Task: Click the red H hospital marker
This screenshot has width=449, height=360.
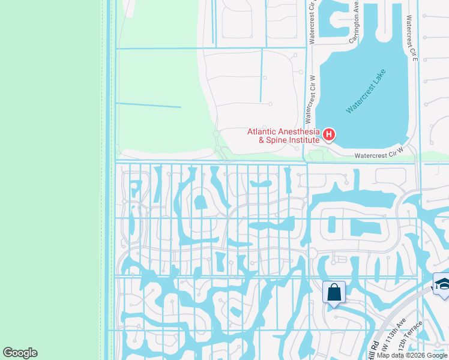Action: pyautogui.click(x=329, y=135)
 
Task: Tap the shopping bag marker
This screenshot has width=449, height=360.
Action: pyautogui.click(x=334, y=293)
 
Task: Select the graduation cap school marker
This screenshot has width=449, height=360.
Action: pyautogui.click(x=442, y=284)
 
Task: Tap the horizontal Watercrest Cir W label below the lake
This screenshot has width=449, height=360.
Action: pyautogui.click(x=377, y=155)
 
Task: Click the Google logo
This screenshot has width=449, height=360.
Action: pyautogui.click(x=20, y=353)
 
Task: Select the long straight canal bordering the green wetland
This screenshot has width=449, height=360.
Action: pyautogui.click(x=108, y=180)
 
